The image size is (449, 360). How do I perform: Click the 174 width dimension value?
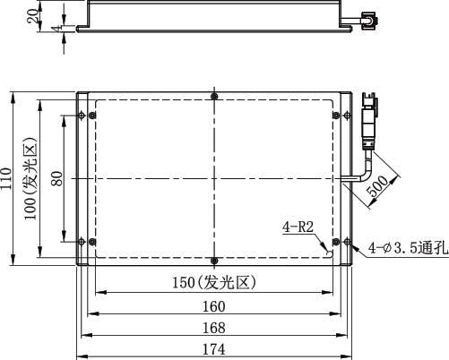coord(214,349)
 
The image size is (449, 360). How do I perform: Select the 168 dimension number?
coord(214,328)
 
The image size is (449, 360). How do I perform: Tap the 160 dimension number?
coord(214,306)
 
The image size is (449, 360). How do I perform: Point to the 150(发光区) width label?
coord(214,282)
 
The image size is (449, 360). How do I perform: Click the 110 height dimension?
coord(6,178)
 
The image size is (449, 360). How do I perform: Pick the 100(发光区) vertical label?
coord(30,178)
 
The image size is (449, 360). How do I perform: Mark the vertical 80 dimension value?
coord(57,178)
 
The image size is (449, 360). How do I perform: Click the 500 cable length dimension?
coord(377,186)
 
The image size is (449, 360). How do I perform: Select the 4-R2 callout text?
coord(298,227)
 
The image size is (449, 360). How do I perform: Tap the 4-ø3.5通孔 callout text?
coord(408,248)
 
